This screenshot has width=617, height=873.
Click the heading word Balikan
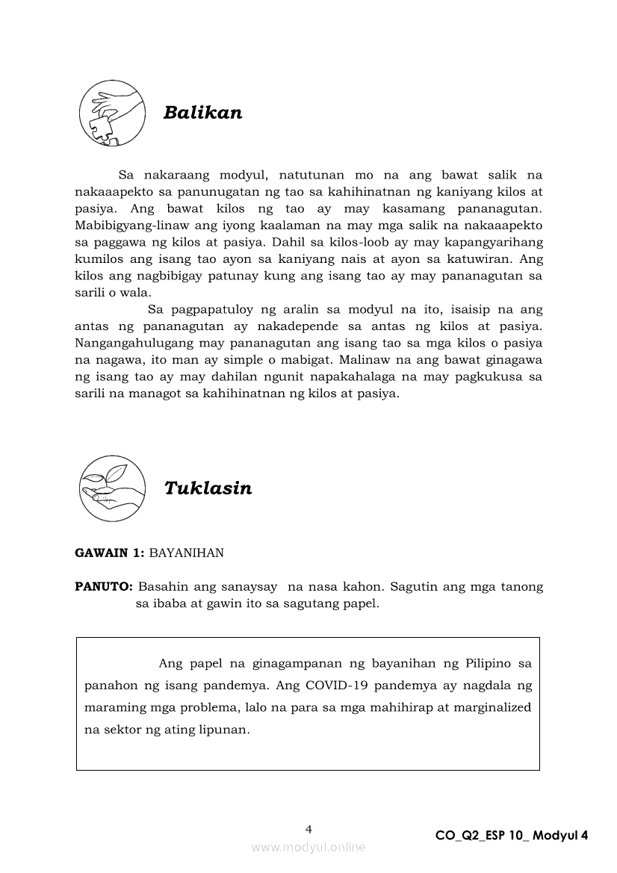(x=202, y=113)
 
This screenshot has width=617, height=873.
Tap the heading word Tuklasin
(x=208, y=488)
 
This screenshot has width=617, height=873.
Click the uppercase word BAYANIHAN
(x=187, y=553)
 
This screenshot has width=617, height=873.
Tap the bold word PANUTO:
(x=104, y=587)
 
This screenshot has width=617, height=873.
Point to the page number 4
(x=308, y=828)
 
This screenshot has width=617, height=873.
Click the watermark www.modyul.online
(x=308, y=847)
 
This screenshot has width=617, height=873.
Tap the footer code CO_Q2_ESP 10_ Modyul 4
(x=512, y=836)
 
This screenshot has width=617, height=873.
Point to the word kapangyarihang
(x=499, y=242)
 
